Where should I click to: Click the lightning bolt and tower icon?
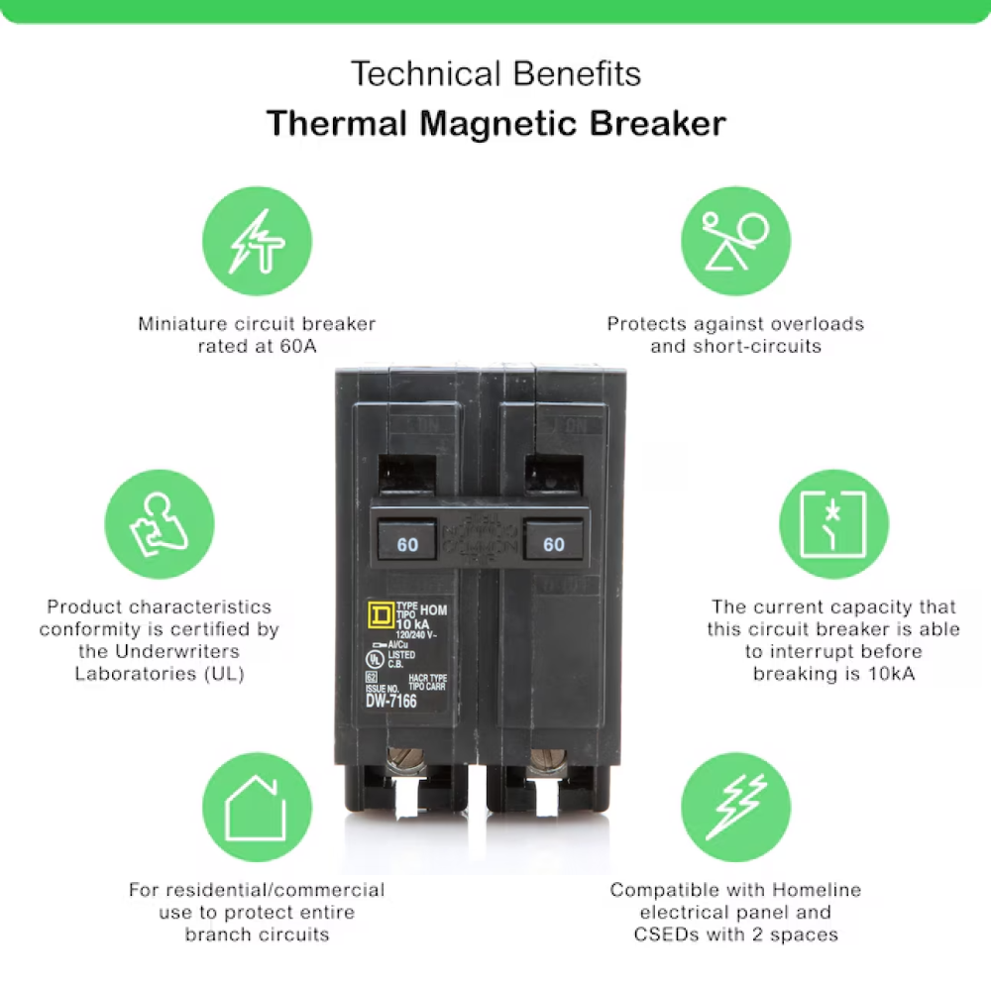click(257, 242)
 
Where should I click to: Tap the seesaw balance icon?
click(735, 242)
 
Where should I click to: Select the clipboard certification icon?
click(160, 524)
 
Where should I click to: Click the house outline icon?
click(257, 807)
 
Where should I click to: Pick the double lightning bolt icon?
click(735, 807)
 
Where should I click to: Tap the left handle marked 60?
click(407, 544)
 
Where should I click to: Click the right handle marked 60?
click(553, 544)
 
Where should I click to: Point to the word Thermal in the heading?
click(337, 124)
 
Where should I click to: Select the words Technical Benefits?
click(495, 73)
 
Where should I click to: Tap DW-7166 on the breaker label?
click(391, 702)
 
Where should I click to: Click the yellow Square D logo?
click(379, 615)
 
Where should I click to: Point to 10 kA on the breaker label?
click(415, 621)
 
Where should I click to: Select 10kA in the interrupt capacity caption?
click(886, 674)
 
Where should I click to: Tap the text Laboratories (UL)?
click(160, 674)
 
